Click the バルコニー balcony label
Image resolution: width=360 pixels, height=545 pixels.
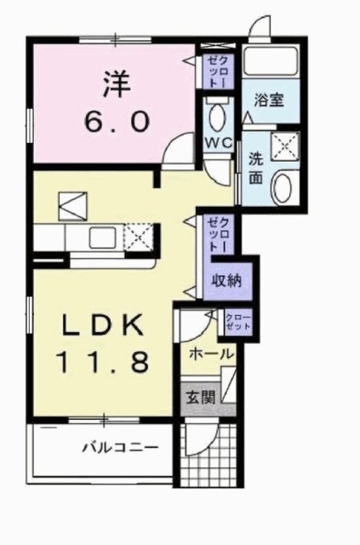tap(119, 446)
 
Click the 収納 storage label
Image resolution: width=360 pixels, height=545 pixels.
tap(226, 279)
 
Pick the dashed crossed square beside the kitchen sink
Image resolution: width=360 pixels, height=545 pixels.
tap(140, 234)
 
